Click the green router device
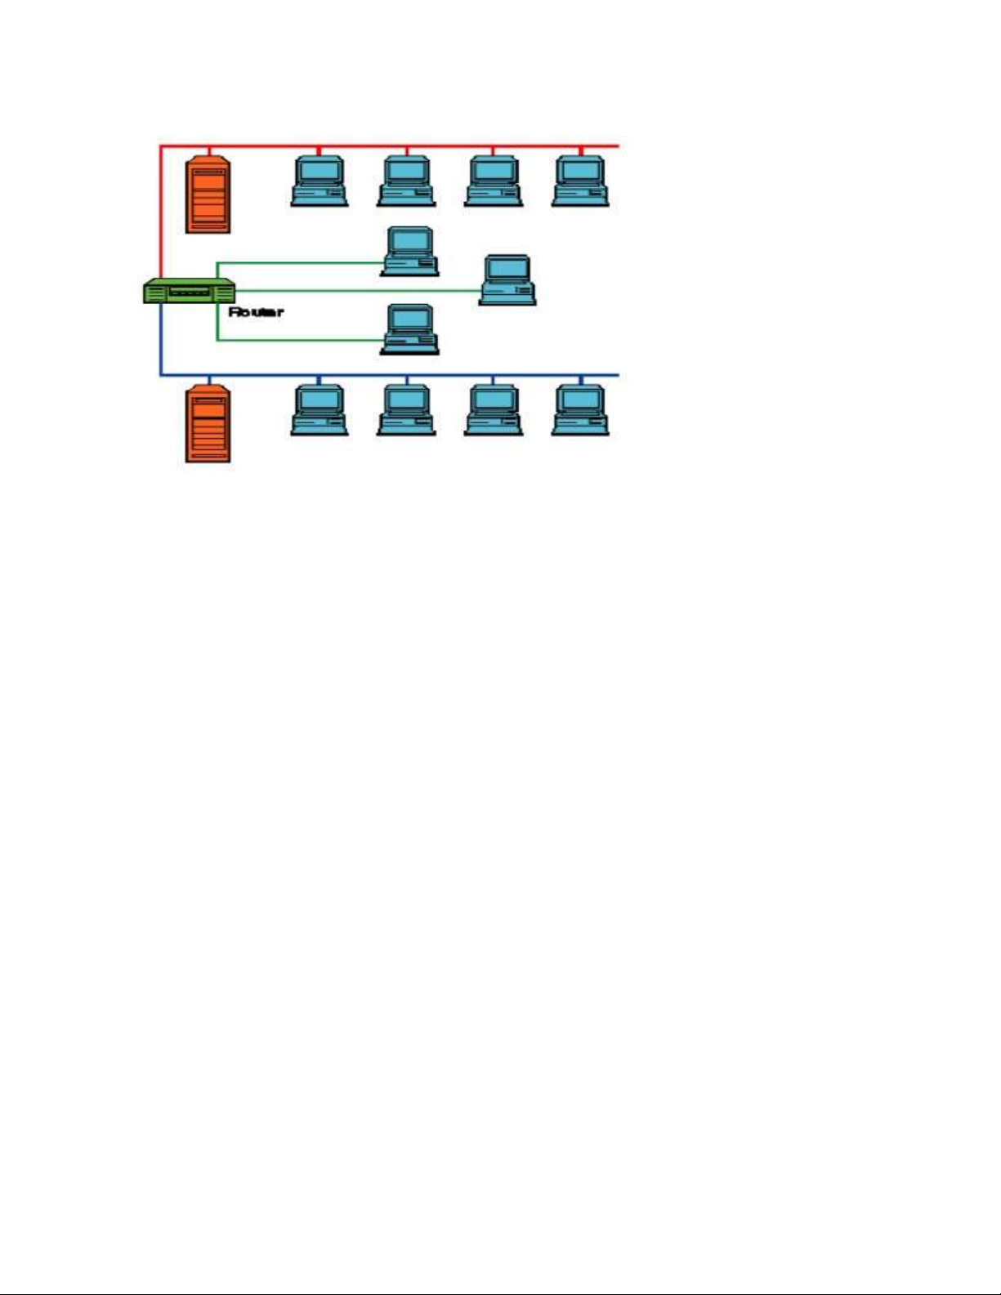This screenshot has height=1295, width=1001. pos(190,291)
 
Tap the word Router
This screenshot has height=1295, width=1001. pos(256,312)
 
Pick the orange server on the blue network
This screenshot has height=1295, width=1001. pos(208,425)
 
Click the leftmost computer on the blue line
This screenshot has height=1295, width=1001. pos(320,410)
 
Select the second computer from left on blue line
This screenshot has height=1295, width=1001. pos(406,410)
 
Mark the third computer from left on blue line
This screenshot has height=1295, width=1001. pos(494,410)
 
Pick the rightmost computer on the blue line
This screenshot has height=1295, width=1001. pos(580,410)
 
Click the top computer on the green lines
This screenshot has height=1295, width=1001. pos(410,252)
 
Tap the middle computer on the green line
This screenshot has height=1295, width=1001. pos(507,280)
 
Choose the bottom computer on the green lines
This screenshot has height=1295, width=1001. pos(410,330)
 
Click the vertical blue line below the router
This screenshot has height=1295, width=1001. pos(161,339)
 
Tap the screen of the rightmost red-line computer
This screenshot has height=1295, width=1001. pos(580,171)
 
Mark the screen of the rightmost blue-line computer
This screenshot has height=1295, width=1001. pos(580,400)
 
